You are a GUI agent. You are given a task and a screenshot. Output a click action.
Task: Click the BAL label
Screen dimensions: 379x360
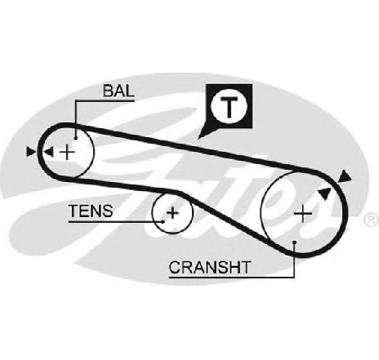(118, 91)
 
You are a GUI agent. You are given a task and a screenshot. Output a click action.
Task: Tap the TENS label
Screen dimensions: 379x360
(91, 211)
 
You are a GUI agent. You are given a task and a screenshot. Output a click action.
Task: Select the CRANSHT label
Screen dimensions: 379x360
(209, 267)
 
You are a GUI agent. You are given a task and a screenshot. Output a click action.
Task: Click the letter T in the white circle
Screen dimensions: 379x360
(229, 106)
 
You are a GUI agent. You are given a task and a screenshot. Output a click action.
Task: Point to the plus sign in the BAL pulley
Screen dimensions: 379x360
(67, 152)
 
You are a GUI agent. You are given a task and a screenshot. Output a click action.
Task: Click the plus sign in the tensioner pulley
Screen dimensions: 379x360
(172, 212)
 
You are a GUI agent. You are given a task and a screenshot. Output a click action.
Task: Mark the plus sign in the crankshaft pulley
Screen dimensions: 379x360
(303, 214)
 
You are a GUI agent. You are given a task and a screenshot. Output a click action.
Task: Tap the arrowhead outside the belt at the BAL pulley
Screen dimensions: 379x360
(31, 152)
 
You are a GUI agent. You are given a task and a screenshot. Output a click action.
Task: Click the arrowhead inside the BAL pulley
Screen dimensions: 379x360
(49, 152)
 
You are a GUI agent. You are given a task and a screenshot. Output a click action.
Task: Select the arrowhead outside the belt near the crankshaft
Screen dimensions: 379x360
(345, 176)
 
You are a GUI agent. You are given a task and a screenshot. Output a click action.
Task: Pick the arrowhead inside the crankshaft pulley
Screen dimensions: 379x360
(325, 193)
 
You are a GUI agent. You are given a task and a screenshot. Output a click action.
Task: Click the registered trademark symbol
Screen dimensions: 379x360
(372, 220)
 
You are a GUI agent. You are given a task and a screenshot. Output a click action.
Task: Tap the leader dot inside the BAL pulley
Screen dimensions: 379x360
(76, 139)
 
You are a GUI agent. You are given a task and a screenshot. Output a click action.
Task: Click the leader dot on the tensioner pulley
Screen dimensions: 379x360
(163, 222)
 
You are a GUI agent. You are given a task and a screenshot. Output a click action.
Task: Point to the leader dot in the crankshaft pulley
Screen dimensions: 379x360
(294, 242)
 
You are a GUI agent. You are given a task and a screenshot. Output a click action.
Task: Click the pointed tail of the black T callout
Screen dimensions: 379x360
(198, 138)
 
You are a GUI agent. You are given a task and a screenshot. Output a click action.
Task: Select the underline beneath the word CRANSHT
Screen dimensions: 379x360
(231, 278)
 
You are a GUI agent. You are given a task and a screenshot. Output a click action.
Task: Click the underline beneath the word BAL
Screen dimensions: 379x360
(105, 101)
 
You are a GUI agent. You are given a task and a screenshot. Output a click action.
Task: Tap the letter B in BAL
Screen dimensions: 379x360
(108, 91)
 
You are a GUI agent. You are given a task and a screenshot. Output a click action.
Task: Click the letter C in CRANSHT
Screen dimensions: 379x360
(175, 268)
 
